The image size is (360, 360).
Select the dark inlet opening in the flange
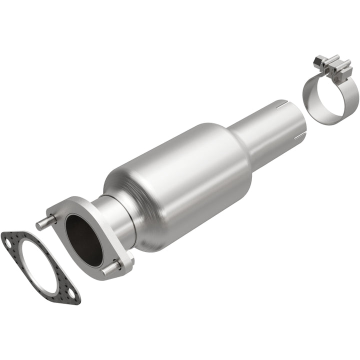(83, 239)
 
